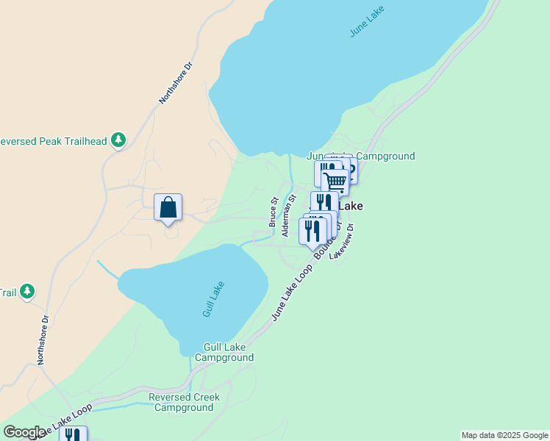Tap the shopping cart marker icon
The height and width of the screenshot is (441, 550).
(335, 181)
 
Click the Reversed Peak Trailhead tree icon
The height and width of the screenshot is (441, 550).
(118, 140)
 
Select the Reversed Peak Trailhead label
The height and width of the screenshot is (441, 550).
(52, 141)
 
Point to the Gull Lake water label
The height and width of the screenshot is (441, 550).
(213, 299)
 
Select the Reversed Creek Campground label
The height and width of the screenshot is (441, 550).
(184, 402)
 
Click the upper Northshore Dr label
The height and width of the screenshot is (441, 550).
(176, 82)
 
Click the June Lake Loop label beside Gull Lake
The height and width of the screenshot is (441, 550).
(292, 293)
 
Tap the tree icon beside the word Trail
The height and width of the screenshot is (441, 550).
(27, 292)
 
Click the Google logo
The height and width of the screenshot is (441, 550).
(24, 432)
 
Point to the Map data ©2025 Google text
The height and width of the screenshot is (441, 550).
(504, 435)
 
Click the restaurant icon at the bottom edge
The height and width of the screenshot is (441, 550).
(73, 435)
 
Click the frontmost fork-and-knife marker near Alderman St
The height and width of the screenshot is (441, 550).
(312, 230)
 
